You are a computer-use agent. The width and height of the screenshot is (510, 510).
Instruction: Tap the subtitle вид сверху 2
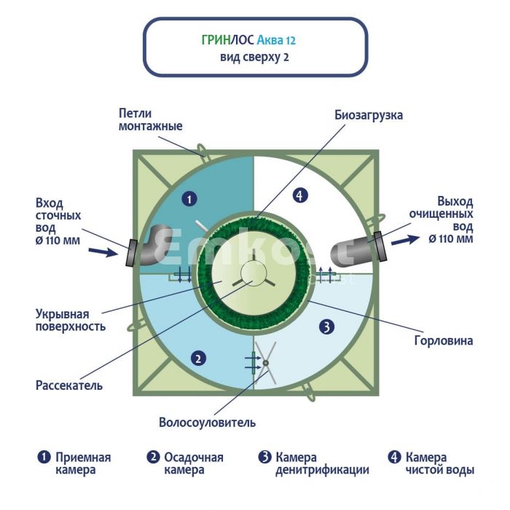pyautogui.click(x=254, y=57)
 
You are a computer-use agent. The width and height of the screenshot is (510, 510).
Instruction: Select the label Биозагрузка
pyautogui.click(x=369, y=115)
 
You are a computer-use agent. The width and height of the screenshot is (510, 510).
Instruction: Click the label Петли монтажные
pyautogui.click(x=150, y=119)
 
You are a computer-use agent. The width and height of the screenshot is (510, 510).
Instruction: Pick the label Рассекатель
pyautogui.click(x=69, y=384)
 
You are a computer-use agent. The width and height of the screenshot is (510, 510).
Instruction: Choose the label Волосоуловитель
pyautogui.click(x=207, y=423)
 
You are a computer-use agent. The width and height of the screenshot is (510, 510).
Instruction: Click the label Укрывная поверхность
pyautogui.click(x=71, y=321)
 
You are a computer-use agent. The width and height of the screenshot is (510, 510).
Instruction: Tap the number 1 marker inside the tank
pyautogui.click(x=188, y=198)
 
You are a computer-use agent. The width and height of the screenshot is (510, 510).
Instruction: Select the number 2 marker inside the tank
pyautogui.click(x=196, y=357)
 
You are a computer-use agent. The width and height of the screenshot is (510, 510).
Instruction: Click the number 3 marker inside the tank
pyautogui.click(x=327, y=327)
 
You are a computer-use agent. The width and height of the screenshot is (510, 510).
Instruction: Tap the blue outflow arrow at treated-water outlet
pyautogui.click(x=405, y=238)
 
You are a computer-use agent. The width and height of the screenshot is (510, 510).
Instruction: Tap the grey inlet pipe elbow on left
pyautogui.click(x=154, y=244)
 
